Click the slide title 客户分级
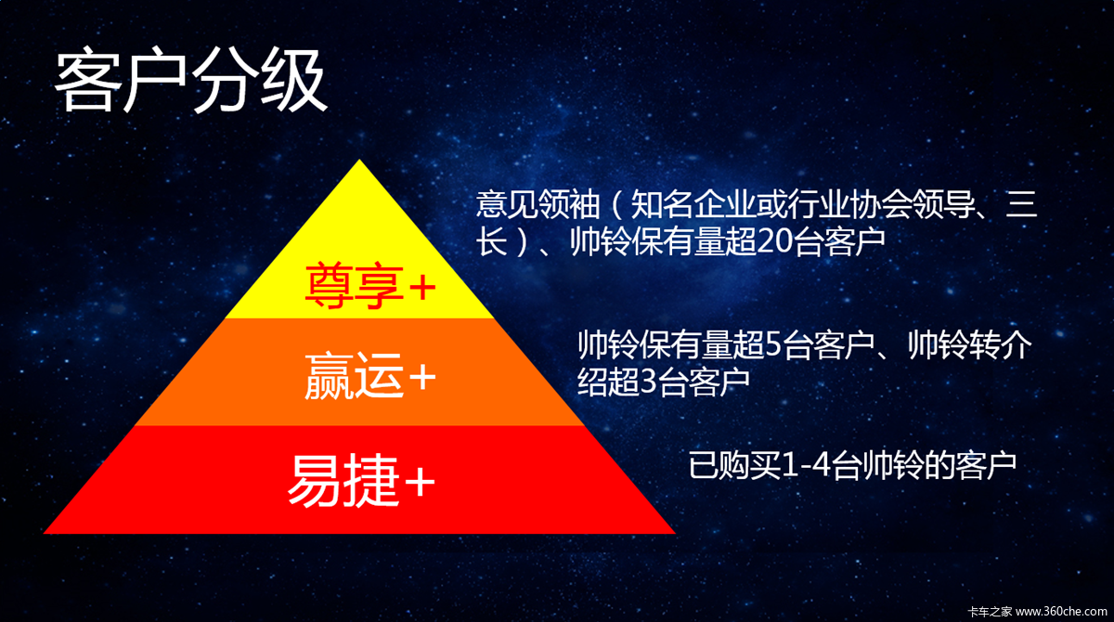coord(190,80)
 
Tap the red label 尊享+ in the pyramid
coord(370,286)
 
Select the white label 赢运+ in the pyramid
coord(370,376)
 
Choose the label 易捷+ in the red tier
coord(361,480)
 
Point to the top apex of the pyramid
coord(359,160)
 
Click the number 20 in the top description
coord(777,242)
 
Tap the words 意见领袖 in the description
coord(538,204)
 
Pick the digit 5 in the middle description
coord(774,344)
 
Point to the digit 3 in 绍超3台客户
coord(649,382)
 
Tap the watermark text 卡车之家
coord(990,612)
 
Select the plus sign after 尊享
coord(422,288)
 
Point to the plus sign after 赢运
coord(422,377)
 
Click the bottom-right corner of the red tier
coord(675,534)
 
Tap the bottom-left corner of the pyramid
coord(44,534)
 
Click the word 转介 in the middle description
coord(1001,344)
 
